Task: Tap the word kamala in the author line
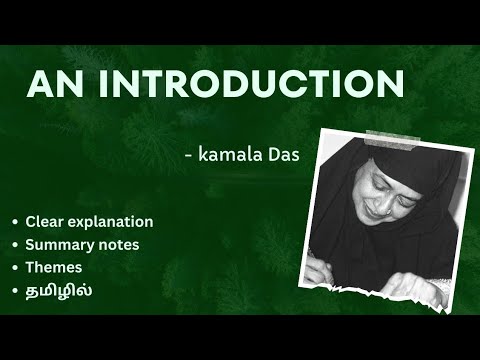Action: (x=235, y=155)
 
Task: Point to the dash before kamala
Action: (x=190, y=156)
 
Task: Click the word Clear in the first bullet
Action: (x=44, y=221)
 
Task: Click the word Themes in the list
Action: (x=54, y=267)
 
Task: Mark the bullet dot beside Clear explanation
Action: (x=15, y=222)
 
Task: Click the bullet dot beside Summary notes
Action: (x=15, y=245)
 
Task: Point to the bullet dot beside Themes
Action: (x=15, y=268)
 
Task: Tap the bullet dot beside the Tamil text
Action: (x=15, y=291)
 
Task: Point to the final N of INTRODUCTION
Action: (x=391, y=84)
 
